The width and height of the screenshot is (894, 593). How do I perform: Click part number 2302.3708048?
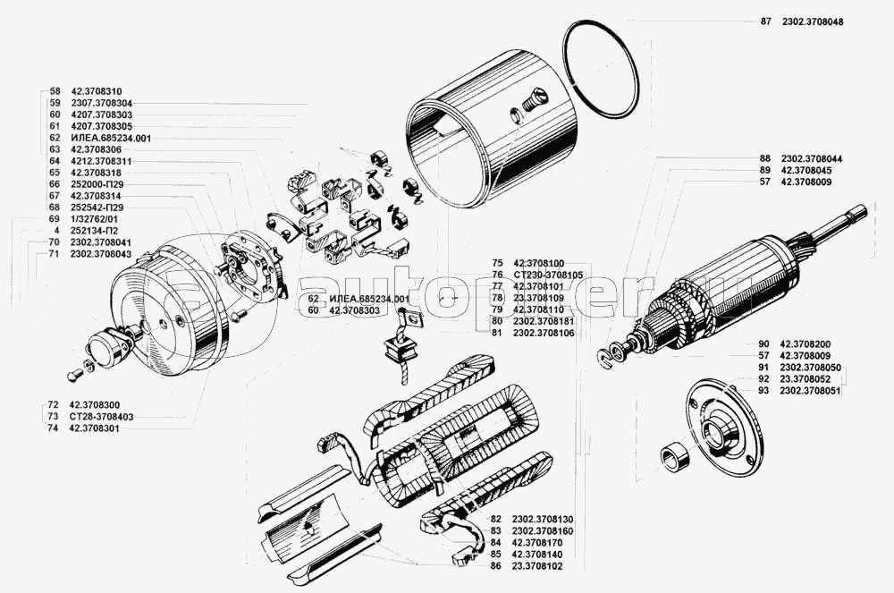pos(813,21)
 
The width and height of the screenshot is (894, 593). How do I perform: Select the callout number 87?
pos(765,21)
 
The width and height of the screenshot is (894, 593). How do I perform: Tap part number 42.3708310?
pos(97,91)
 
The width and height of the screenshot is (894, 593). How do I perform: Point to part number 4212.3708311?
pos(101,161)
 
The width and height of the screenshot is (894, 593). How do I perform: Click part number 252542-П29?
pos(97,208)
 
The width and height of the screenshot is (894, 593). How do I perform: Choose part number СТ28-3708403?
pos(102,417)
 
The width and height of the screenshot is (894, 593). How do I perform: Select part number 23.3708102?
pos(537,566)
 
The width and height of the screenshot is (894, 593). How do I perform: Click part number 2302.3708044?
pos(812,158)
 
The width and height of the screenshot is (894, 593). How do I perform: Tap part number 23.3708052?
pos(805,378)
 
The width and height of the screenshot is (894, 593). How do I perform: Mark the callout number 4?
pos(56,231)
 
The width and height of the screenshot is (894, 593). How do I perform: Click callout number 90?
pos(764,343)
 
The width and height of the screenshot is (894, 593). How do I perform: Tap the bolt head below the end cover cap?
pos(73,377)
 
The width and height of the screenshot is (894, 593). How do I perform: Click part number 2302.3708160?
pos(543,531)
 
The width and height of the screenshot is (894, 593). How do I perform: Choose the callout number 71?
pos(55,254)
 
